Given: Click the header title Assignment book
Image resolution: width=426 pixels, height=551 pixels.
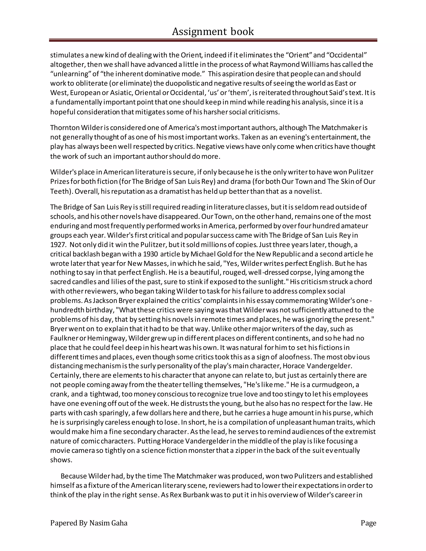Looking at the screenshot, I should click(213, 32).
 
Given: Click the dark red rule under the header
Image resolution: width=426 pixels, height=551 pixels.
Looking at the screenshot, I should click(213, 40).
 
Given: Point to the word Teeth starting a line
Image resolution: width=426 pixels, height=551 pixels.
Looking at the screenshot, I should click(59, 191).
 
